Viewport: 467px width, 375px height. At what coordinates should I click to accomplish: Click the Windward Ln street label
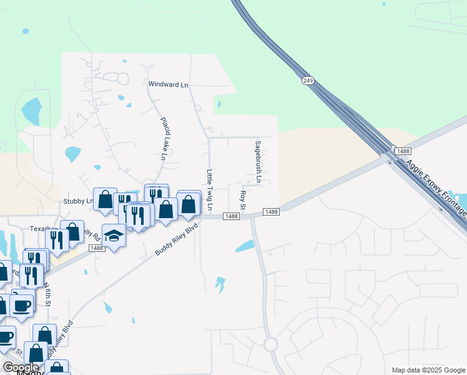click(168, 84)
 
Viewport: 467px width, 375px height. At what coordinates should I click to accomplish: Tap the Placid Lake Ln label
click(162, 139)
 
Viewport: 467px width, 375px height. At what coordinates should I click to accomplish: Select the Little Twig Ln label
click(210, 189)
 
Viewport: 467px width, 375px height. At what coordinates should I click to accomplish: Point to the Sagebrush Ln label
click(257, 161)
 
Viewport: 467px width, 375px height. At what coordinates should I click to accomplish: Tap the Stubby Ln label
click(77, 201)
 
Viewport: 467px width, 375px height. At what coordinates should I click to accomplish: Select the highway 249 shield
click(307, 81)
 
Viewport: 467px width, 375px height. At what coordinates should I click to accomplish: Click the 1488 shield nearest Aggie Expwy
click(403, 151)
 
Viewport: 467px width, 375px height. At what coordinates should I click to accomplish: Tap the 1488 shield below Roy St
click(271, 212)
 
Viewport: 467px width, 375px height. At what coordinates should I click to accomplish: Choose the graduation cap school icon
click(114, 235)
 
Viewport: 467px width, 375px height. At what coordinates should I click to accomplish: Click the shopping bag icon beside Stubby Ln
click(106, 200)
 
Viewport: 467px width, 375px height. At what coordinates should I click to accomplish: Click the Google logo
click(21, 367)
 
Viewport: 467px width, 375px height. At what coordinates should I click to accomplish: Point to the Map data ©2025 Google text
click(428, 370)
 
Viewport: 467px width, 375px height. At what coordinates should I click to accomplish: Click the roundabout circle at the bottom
click(270, 344)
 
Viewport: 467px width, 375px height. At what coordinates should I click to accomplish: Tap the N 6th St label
click(46, 294)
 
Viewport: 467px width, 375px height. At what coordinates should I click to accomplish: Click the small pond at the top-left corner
click(25, 31)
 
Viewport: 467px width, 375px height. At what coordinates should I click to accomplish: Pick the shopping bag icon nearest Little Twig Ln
click(189, 204)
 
